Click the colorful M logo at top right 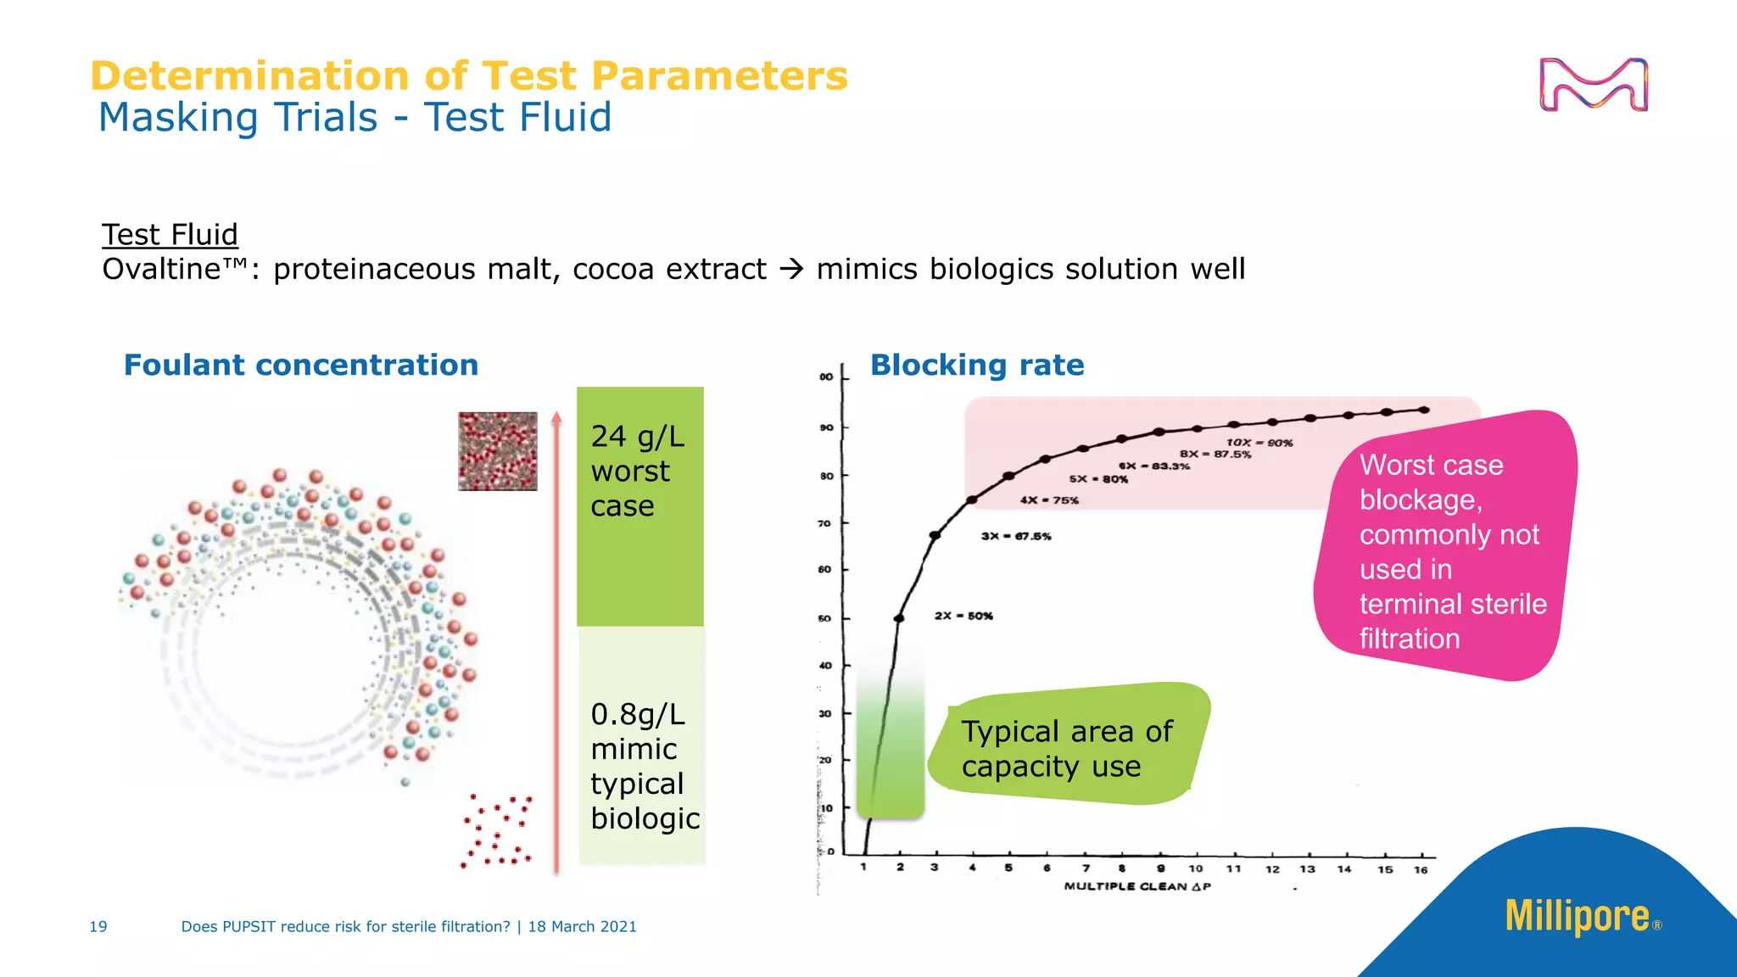coord(1593,84)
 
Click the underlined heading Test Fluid coord(170,234)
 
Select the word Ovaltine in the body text coord(161,269)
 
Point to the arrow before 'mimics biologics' coord(791,269)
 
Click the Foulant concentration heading coord(301,365)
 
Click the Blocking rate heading coord(977,365)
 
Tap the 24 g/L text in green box coord(637,436)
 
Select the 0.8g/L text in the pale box coord(637,714)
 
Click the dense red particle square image coord(498,451)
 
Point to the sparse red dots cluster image coord(497,831)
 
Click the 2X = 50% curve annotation coord(963,616)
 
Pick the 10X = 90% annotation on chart coord(1259,443)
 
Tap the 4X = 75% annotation coord(1049,500)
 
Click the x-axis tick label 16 coord(1421,869)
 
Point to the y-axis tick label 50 coord(824,618)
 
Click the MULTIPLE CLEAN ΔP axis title coord(1137,886)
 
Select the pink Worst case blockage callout coord(1446,551)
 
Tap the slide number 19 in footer coord(98,926)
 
